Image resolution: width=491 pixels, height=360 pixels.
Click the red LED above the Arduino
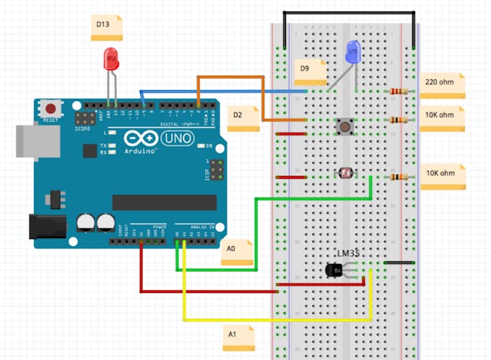pyautogui.click(x=111, y=58)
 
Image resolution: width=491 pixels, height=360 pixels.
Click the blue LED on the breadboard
pyautogui.click(x=354, y=51)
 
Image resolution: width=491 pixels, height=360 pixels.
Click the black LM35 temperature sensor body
pyautogui.click(x=335, y=270)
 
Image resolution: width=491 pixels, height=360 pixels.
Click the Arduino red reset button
pyautogui.click(x=51, y=109)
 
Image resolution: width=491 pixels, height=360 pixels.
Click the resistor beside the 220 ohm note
pyautogui.click(x=398, y=91)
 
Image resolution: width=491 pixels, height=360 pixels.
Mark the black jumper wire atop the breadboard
pyautogui.click(x=349, y=12)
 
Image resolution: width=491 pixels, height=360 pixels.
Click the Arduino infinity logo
pyautogui.click(x=140, y=138)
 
